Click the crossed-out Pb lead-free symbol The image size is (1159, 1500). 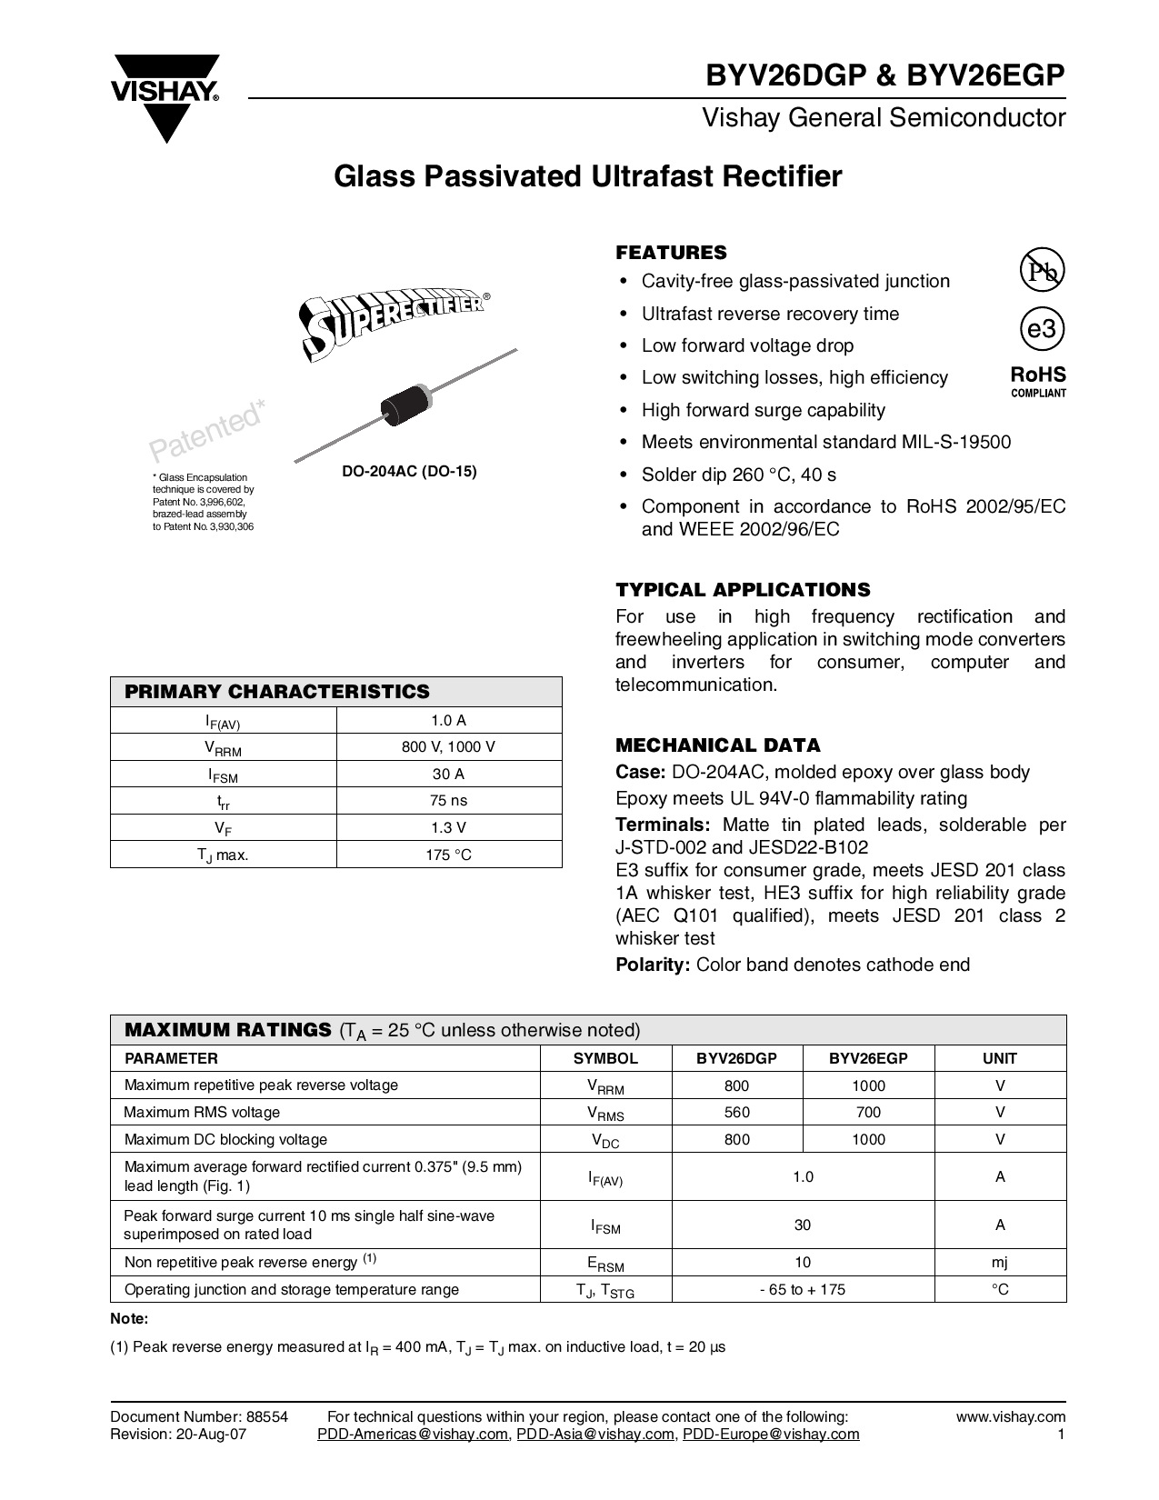[1042, 270]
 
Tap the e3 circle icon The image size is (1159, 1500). [1042, 329]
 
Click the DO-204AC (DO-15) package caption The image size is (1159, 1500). [408, 472]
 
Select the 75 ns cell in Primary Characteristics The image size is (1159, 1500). [448, 801]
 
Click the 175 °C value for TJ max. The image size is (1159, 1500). [448, 855]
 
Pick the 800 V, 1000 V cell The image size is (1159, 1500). [448, 747]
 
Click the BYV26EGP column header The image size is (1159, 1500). [868, 1058]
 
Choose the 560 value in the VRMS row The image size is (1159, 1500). [737, 1112]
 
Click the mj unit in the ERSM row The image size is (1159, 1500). [999, 1262]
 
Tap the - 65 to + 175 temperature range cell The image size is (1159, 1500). [803, 1289]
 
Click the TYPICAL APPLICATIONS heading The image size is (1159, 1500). [743, 589]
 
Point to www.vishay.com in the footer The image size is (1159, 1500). [1010, 1416]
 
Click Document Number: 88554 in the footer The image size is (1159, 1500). [199, 1416]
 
